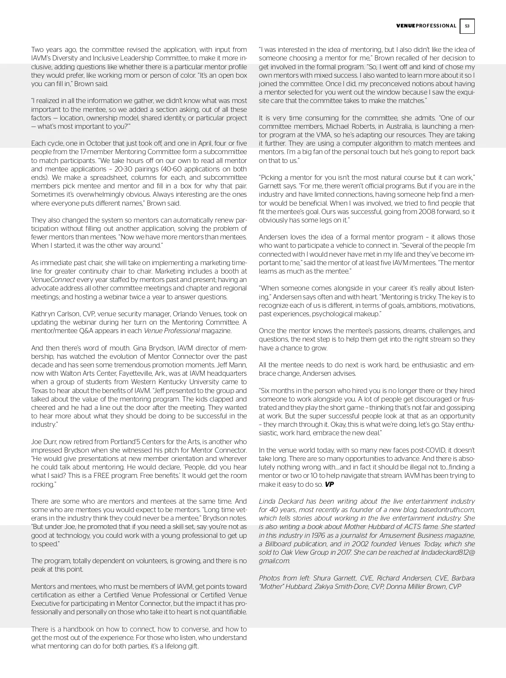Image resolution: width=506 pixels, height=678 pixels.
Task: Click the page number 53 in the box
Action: (467, 26)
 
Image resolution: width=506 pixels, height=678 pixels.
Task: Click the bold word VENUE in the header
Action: (406, 26)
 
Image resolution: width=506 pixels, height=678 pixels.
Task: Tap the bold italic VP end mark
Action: (329, 484)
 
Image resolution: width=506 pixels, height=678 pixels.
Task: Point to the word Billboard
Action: (279, 544)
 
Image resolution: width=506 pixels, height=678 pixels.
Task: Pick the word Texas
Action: (40, 391)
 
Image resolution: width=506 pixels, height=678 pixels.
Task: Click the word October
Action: (100, 144)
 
